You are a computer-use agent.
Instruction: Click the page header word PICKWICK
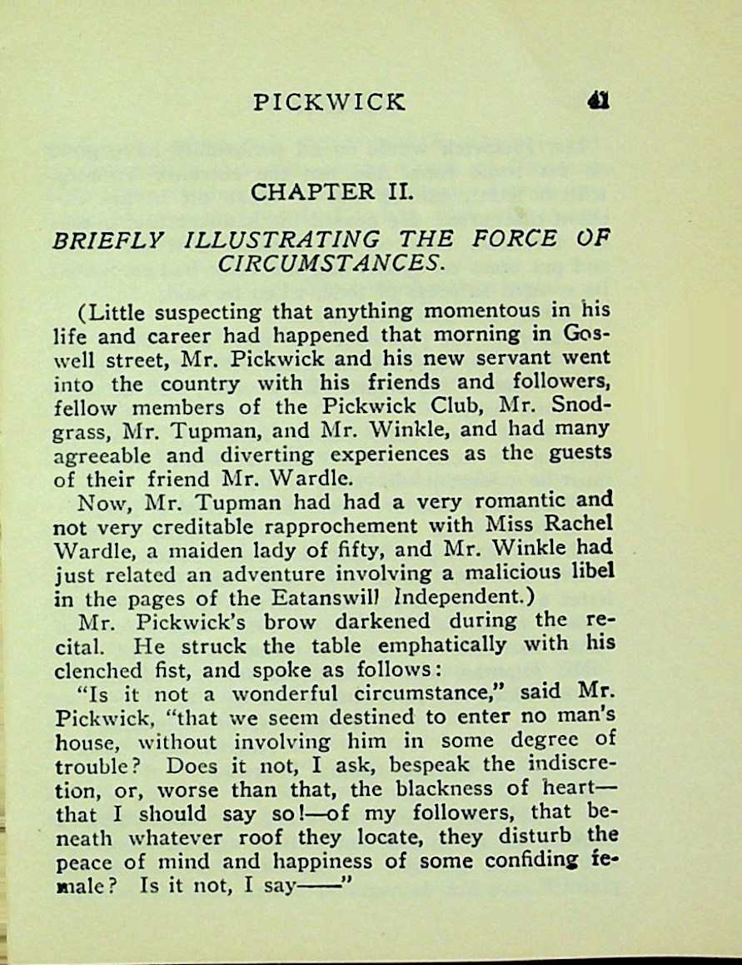pos(330,102)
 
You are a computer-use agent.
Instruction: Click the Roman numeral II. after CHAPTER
pos(398,192)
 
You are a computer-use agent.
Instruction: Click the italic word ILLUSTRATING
pos(281,240)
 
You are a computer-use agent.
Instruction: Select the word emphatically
pos(454,645)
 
